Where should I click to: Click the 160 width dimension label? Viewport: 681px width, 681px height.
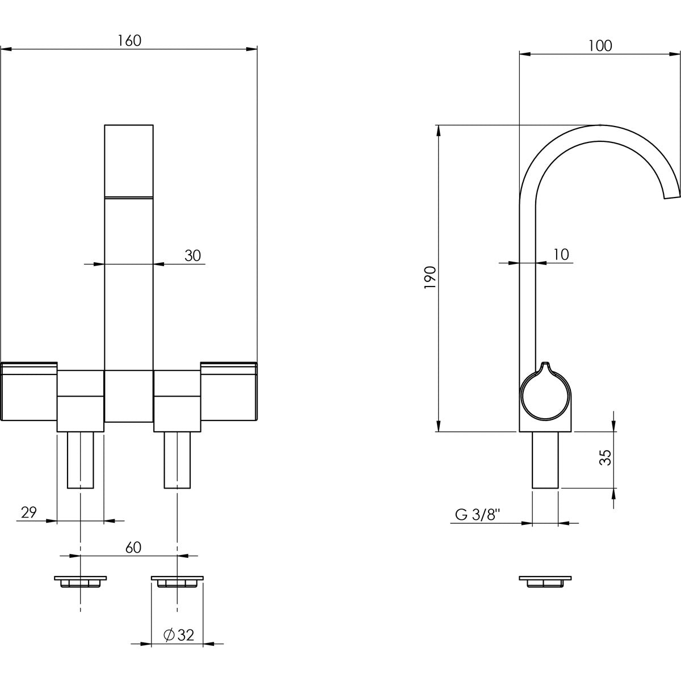click(129, 40)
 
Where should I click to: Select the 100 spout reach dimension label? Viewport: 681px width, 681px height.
click(600, 46)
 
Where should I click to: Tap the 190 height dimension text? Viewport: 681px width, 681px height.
click(430, 278)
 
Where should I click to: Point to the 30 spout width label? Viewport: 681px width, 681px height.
click(193, 256)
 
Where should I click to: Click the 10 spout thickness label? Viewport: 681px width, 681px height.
click(560, 255)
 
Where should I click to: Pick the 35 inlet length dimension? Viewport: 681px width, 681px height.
click(606, 457)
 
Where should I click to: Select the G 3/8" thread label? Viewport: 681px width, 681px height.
click(477, 515)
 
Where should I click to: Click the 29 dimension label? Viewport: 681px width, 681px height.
click(29, 513)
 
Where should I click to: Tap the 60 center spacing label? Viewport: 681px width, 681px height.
click(133, 548)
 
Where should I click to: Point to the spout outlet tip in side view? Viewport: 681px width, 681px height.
click(672, 195)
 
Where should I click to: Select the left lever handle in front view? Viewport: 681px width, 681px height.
click(30, 392)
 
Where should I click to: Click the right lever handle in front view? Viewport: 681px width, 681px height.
click(229, 392)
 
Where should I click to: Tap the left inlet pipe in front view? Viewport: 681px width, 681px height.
click(81, 460)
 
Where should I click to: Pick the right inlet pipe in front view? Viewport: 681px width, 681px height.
click(177, 460)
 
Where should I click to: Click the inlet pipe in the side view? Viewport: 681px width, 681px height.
click(545, 460)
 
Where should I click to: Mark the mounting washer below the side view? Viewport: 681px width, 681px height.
click(545, 582)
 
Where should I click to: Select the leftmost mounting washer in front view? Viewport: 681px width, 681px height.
click(81, 582)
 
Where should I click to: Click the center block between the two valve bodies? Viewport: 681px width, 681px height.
click(129, 396)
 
